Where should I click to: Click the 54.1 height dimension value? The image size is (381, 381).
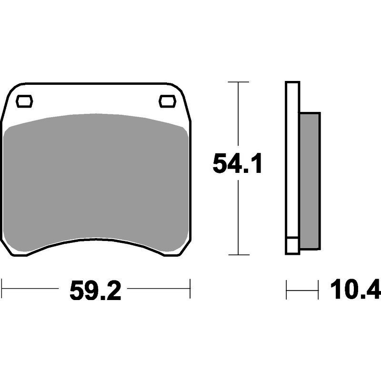coord(237,164)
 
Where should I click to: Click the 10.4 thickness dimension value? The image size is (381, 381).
coord(355,289)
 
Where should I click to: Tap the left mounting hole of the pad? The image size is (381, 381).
coord(24,101)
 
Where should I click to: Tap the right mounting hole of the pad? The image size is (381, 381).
coord(167,101)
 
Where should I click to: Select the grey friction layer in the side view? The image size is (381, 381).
coord(310,181)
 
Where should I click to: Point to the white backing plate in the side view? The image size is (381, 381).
coord(292,160)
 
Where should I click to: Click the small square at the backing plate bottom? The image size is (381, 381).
coord(292,245)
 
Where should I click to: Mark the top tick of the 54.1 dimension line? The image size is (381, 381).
coord(239,82)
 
